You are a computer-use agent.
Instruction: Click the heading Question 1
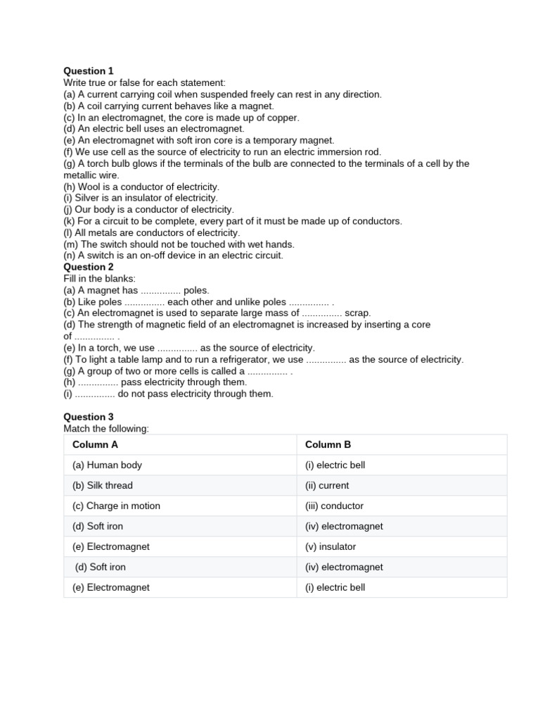[89, 71]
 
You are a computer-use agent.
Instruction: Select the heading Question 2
[89, 267]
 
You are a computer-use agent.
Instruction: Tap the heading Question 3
[89, 417]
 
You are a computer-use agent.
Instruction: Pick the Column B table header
[328, 444]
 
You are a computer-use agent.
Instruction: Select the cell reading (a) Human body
[107, 465]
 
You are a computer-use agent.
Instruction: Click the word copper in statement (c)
[283, 118]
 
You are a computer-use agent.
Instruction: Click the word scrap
[357, 313]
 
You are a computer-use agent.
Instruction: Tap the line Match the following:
[106, 428]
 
